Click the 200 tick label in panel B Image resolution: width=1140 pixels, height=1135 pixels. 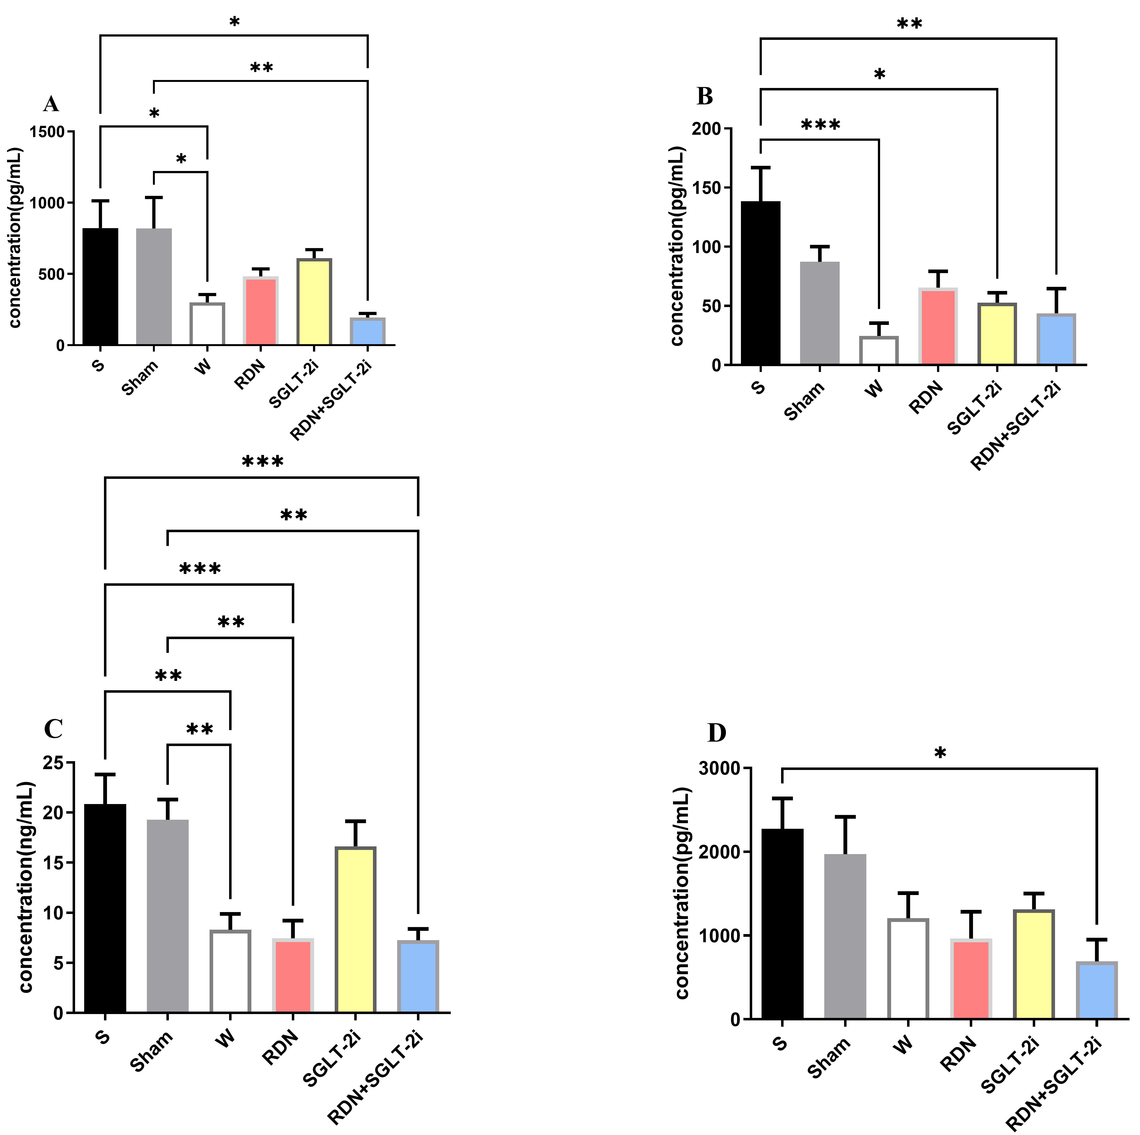coord(708,129)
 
